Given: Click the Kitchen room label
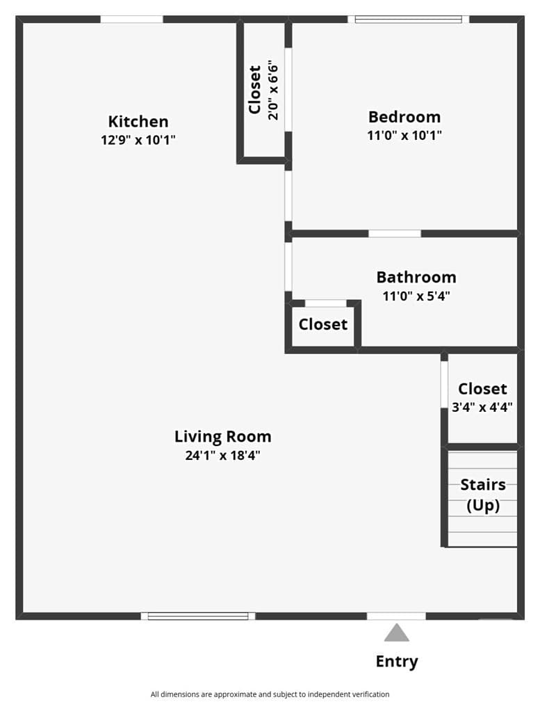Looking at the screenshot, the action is point(138,121).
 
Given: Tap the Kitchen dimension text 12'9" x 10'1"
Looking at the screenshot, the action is point(138,140).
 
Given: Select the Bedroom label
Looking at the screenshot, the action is point(404,117).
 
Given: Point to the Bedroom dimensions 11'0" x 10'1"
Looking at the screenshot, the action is point(404,135).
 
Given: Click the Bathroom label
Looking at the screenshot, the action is point(416,277).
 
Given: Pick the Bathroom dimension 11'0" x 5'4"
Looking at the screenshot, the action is point(416,296).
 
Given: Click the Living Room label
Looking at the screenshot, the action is point(223,436).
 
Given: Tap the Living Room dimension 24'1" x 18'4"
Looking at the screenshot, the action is point(223,455).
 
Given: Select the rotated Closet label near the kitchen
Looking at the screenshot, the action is point(254,90).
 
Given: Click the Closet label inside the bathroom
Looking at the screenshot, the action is point(323,324).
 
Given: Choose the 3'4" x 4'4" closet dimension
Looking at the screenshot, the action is point(482,407).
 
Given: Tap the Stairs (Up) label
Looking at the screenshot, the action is point(483,495).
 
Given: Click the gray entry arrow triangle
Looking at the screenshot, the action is point(396,633).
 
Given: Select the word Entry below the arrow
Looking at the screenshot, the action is point(397,661).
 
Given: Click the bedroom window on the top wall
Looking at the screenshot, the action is point(409,19).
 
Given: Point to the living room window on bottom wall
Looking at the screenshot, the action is point(198,616).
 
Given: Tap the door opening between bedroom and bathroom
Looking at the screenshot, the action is point(395,234).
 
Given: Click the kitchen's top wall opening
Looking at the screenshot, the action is point(131,19).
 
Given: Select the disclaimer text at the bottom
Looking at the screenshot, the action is point(270,694).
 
